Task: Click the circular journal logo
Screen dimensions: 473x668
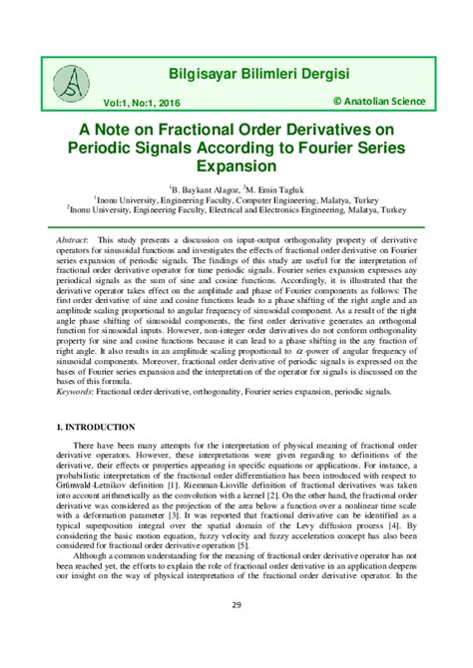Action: point(71,84)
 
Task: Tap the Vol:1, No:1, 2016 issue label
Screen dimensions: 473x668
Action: point(137,102)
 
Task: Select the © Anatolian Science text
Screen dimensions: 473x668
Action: point(378,101)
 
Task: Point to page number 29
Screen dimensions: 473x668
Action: point(236,631)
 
